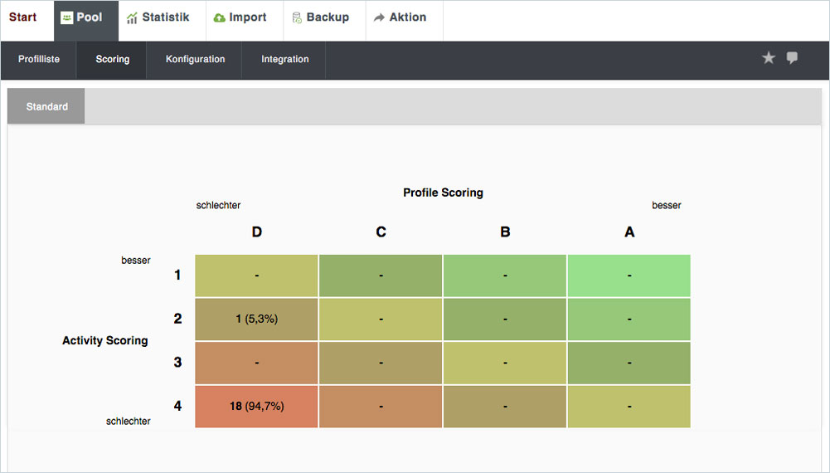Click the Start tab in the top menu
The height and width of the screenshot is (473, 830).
click(22, 17)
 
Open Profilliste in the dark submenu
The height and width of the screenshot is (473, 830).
click(39, 59)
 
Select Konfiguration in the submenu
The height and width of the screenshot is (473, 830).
click(195, 59)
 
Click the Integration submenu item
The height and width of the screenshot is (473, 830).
click(284, 59)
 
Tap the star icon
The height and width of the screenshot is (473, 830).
click(769, 58)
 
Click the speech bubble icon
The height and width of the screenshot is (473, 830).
click(792, 58)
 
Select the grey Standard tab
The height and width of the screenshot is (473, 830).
click(46, 106)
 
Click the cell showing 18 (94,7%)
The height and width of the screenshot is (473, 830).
click(256, 407)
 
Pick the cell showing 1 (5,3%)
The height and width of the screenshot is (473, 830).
click(256, 319)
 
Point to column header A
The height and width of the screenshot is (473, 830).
click(629, 232)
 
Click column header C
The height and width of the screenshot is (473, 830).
click(381, 232)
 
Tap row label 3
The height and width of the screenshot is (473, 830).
click(177, 363)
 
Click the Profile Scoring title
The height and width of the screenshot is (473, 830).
click(443, 193)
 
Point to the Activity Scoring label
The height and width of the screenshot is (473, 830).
click(104, 340)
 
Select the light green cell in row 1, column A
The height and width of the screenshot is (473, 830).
click(629, 276)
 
